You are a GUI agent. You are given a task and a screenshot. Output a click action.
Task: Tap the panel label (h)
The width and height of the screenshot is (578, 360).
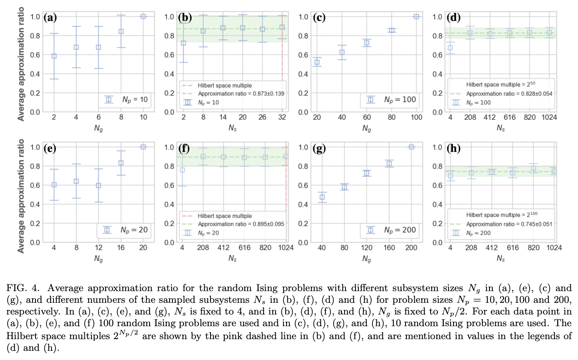click(x=454, y=148)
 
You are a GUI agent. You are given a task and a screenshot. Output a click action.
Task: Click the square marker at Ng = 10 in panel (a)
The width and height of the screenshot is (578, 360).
click(x=143, y=16)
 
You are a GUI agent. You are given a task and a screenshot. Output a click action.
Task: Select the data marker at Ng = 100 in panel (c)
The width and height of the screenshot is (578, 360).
click(x=416, y=16)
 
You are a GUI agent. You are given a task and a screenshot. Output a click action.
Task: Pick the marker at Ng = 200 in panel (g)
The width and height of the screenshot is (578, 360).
click(x=411, y=147)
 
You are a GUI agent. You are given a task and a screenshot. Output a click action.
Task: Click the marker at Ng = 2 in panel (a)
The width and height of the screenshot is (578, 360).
click(x=54, y=56)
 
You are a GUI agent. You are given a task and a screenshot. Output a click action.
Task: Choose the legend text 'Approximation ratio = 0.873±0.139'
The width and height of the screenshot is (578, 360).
click(x=241, y=94)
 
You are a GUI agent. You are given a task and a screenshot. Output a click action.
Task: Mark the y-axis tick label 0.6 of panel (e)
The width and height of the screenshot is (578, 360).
click(x=36, y=185)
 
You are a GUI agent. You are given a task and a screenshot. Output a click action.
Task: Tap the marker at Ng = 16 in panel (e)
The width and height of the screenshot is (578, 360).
click(x=121, y=163)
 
